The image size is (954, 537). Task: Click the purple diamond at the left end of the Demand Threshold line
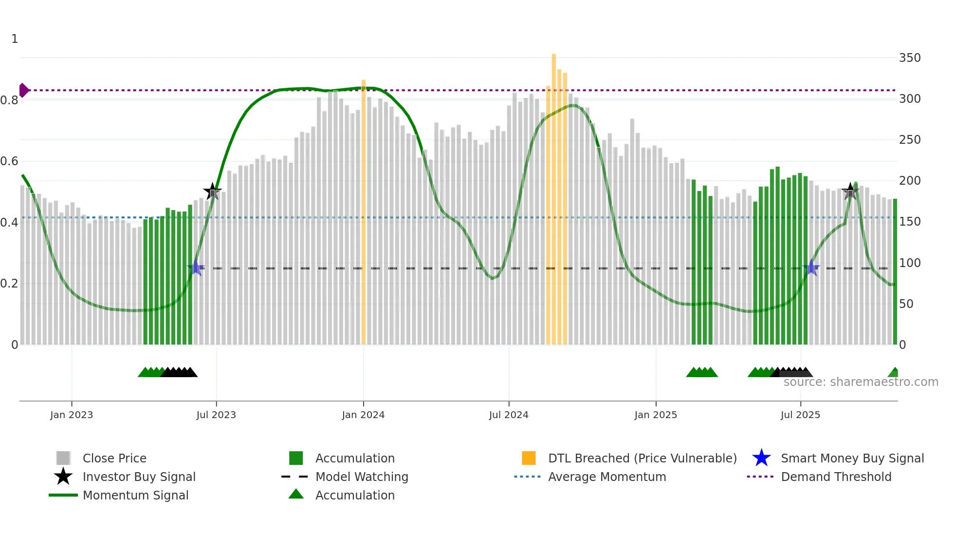tap(23, 90)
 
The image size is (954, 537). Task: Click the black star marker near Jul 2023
tap(212, 192)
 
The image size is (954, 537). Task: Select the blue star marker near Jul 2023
tap(196, 268)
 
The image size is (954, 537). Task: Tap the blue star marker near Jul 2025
tap(811, 268)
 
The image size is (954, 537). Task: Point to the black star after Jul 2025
tap(850, 192)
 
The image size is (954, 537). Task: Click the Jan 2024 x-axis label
tap(363, 415)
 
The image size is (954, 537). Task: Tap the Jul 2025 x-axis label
tap(800, 415)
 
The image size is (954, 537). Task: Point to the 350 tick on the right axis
tap(910, 58)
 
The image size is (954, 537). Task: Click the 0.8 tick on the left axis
tap(9, 100)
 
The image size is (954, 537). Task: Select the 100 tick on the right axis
tap(910, 263)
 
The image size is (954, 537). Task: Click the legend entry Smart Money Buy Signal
tap(852, 458)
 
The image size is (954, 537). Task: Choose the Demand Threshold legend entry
tap(836, 477)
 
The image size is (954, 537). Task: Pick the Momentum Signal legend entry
tap(135, 495)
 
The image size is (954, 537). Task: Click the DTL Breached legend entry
tap(642, 458)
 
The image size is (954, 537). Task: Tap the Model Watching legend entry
tap(362, 477)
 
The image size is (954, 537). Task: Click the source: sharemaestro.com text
tap(861, 382)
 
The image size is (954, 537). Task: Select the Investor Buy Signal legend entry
tap(139, 477)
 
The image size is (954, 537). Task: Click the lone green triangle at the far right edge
tap(894, 373)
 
